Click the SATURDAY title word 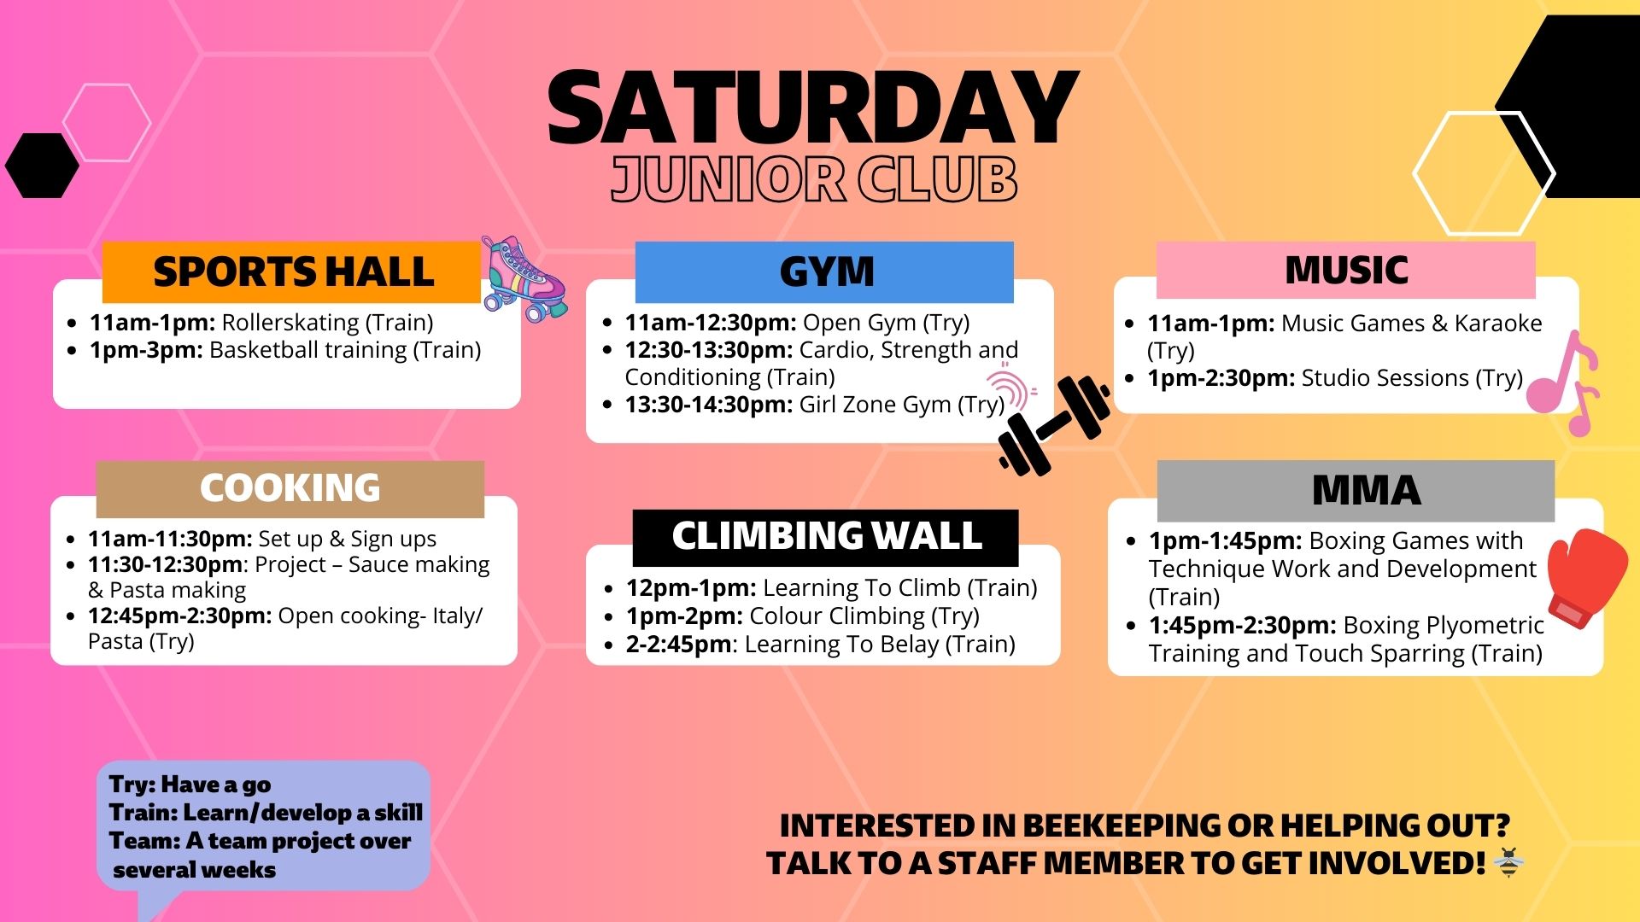pos(812,108)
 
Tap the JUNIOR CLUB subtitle pos(814,179)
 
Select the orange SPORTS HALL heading pos(293,272)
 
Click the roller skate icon pos(522,278)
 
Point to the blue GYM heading pos(825,272)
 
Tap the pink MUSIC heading pos(1345,271)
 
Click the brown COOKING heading pos(290,488)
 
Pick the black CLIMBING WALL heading pos(826,537)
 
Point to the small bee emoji pos(1508,863)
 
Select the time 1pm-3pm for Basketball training pos(146,350)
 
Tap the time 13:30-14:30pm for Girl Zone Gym pos(709,405)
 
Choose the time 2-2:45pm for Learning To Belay pos(679,645)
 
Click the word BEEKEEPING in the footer pos(1121,826)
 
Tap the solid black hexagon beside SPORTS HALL pos(41,165)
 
